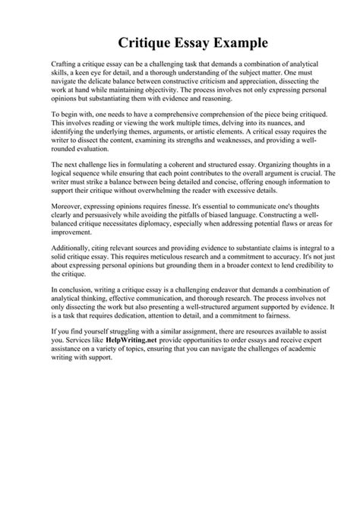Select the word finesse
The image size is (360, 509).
pyautogui.click(x=184, y=228)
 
